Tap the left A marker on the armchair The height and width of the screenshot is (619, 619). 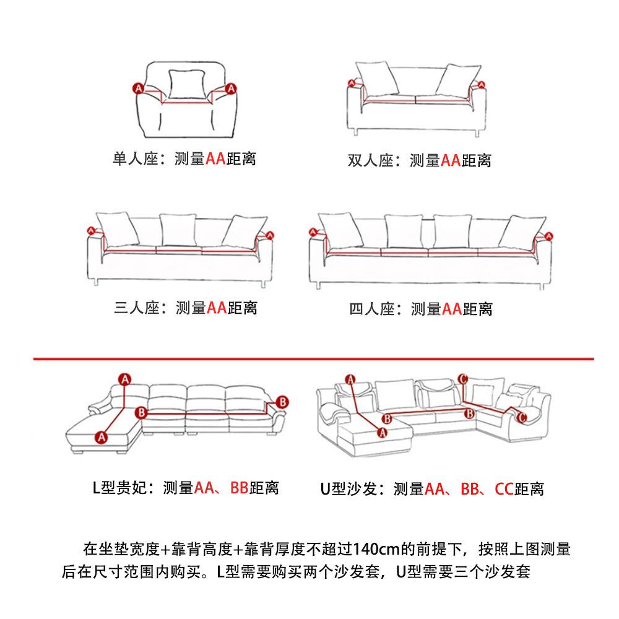click(138, 89)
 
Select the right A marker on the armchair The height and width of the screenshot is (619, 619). click(230, 89)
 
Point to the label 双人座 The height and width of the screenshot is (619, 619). click(370, 161)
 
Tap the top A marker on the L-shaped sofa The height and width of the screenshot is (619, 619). click(125, 379)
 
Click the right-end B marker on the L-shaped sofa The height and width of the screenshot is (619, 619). click(282, 402)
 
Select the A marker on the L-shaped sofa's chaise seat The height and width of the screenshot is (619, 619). click(102, 437)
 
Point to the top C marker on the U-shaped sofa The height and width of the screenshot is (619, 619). click(462, 379)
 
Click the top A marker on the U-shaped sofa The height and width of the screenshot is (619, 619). click(350, 379)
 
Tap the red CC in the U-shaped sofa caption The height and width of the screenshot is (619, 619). click(503, 489)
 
